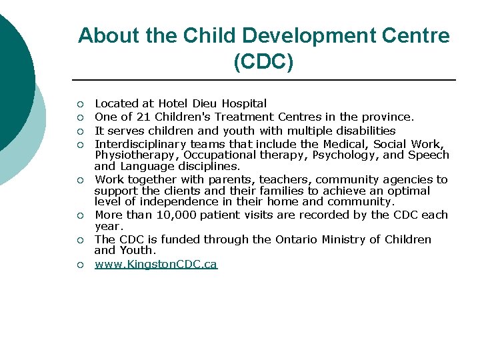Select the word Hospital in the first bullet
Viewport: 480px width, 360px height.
click(x=244, y=103)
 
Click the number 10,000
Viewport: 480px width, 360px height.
click(x=176, y=215)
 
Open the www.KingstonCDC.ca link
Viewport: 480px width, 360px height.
click(x=156, y=264)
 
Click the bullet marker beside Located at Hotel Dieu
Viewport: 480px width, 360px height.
click(x=79, y=104)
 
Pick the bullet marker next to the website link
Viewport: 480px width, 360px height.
click(x=79, y=265)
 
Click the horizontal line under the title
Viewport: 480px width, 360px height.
click(x=263, y=80)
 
